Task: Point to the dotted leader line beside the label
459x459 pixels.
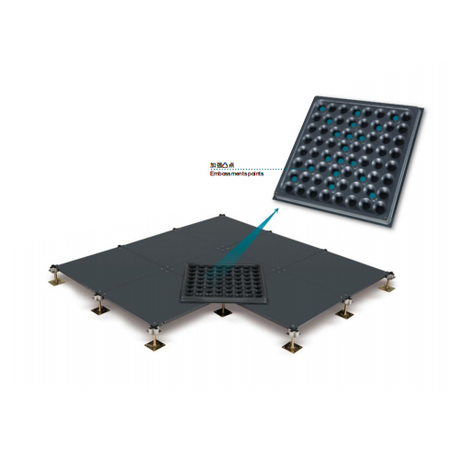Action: (x=266, y=168)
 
